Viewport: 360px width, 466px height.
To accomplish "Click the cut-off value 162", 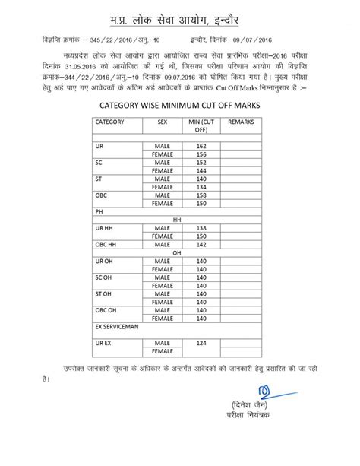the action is [x=201, y=145].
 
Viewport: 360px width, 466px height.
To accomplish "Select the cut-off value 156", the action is [x=201, y=154].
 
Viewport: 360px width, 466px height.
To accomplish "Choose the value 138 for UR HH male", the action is [x=201, y=227].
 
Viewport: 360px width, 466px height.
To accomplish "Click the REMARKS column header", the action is [x=241, y=121].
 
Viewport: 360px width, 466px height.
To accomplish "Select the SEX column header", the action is [x=162, y=121].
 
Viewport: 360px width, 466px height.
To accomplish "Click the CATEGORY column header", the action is [x=109, y=121].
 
